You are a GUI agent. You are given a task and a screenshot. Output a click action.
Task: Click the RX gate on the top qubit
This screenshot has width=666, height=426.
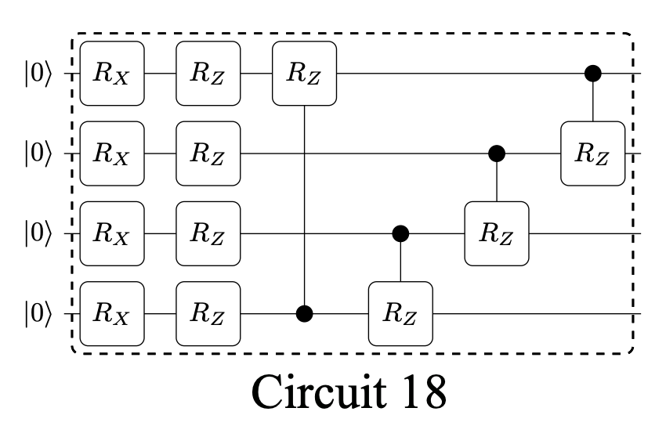pos(113,74)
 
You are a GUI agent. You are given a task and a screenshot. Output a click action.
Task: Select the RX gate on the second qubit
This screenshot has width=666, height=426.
pos(113,153)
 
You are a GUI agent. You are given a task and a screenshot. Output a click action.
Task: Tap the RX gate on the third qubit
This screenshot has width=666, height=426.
pos(113,233)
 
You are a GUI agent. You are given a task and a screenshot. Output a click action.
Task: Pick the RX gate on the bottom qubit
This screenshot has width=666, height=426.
pos(113,314)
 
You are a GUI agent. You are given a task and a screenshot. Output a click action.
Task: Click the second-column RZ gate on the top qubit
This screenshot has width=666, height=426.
pos(208,74)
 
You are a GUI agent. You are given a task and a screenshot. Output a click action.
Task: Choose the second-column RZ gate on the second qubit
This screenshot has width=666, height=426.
pos(208,153)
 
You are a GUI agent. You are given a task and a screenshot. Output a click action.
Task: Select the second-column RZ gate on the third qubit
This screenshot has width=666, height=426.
pos(208,233)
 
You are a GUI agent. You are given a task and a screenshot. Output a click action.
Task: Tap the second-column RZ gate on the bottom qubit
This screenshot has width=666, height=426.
pos(208,314)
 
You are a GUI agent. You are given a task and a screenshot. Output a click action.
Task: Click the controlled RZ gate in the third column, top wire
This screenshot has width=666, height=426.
pos(304,74)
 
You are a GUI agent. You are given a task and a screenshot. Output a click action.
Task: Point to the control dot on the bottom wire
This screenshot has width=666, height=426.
pos(304,314)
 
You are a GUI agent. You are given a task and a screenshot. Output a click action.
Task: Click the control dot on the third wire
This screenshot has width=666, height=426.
pos(400,233)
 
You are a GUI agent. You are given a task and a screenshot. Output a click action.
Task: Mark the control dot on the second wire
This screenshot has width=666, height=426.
pos(497,153)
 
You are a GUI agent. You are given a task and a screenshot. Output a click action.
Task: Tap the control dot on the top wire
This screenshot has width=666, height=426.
pos(593,74)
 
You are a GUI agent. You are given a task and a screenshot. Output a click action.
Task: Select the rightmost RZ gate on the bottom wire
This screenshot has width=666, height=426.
pos(400,314)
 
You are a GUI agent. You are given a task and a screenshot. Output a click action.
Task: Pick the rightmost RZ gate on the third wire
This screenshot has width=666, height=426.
pos(497,233)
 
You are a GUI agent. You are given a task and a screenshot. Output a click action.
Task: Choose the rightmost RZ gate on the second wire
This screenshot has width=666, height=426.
pos(593,153)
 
